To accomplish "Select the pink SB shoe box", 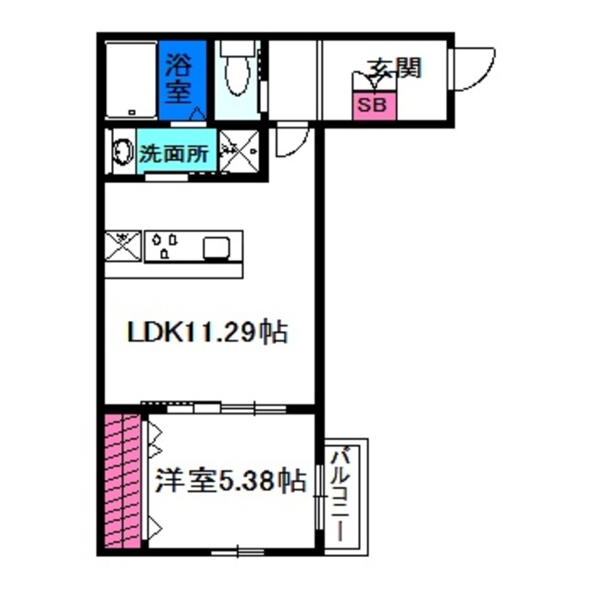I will click(x=374, y=103).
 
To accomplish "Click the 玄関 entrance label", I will click(x=395, y=68).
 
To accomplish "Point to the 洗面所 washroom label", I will click(x=179, y=154).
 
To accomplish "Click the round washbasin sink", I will click(x=121, y=153).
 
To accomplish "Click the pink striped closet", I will click(x=123, y=483).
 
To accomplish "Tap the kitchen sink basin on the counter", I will click(x=218, y=247).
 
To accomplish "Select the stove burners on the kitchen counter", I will click(x=165, y=245).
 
